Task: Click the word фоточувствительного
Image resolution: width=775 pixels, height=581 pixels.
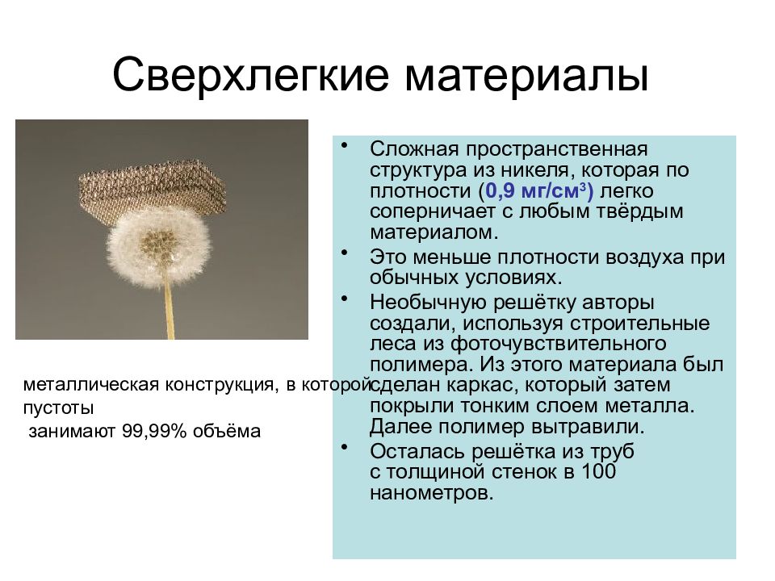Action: pos(559,344)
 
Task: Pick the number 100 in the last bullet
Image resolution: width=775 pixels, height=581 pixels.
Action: pos(598,471)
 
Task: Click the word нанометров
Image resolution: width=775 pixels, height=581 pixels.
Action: pos(431,492)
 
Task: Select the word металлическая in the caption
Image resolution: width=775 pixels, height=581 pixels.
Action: pos(91,384)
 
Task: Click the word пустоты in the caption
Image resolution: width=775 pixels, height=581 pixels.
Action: pos(58,408)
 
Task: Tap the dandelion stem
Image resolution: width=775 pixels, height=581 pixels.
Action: pos(169,311)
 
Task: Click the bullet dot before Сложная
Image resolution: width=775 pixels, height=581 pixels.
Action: pos(345,145)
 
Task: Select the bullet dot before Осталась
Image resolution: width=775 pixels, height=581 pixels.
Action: pos(345,447)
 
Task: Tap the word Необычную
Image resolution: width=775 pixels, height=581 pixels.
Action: pos(429,303)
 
